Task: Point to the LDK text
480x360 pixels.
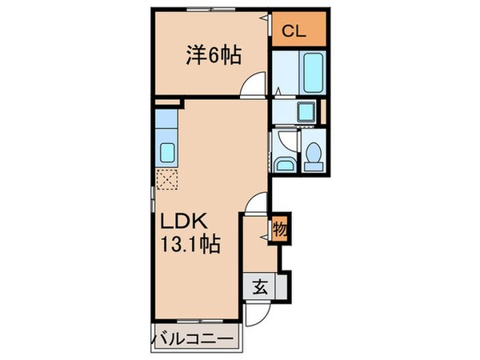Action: pos(188,221)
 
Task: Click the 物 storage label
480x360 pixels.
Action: pos(281,229)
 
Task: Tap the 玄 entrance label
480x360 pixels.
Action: pos(262,286)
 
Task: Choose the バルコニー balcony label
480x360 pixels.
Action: pos(194,341)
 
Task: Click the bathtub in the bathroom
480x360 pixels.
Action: pos(310,74)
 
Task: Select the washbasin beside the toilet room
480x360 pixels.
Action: pos(282,164)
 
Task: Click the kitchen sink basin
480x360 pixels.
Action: pos(168,151)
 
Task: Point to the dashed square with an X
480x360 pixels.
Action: pos(167,180)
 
